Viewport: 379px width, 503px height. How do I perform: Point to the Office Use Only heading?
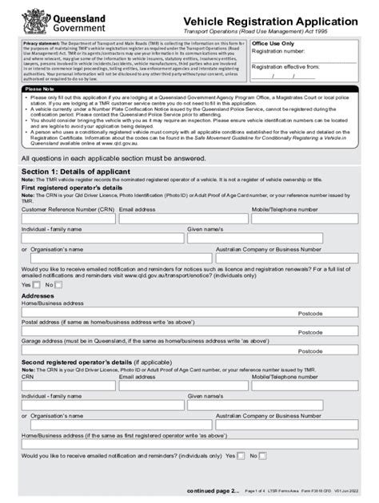click(x=273, y=44)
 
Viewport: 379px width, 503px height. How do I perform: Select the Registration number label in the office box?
click(x=279, y=52)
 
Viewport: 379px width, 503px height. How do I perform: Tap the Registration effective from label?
click(x=286, y=68)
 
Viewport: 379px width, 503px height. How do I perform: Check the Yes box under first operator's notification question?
click(x=37, y=284)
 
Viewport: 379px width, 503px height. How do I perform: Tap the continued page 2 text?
click(x=212, y=489)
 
